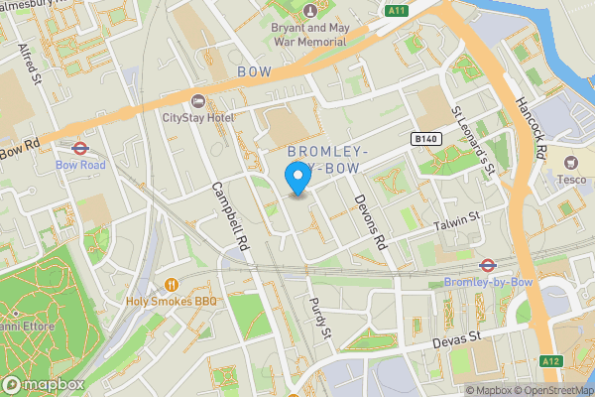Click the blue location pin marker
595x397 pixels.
point(297,179)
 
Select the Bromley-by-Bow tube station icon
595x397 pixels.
point(487,265)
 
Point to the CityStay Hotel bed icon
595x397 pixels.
point(196,101)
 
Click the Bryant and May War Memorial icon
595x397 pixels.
point(311,12)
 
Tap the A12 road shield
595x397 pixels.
point(551,361)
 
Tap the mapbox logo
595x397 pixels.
point(43,384)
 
